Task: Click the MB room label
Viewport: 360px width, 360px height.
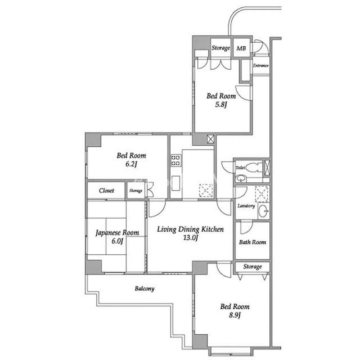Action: coord(241,48)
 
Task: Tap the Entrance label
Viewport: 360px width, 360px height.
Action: coord(260,66)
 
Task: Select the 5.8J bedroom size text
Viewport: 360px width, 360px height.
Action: coord(221,105)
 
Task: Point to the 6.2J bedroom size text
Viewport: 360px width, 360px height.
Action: coord(131,164)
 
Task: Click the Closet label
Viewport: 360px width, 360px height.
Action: coord(106,191)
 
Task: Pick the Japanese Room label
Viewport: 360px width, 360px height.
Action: coord(118,233)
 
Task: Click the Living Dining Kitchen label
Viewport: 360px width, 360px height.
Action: coord(190,229)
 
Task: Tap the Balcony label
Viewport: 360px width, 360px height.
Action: coord(145,289)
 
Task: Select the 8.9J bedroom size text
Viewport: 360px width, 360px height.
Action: coord(235,315)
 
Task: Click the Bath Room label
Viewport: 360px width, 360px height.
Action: coord(253,242)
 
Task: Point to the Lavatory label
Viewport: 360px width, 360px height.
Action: coord(246,206)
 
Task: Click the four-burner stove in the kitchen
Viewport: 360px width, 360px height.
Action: coord(175,160)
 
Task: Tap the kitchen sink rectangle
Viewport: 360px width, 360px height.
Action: coord(175,183)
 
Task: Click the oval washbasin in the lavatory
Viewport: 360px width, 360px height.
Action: coord(264,211)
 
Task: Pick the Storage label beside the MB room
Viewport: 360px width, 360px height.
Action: coord(220,48)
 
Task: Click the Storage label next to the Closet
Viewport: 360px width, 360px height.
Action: coord(136,191)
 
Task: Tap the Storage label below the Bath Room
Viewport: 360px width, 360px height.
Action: coord(253,267)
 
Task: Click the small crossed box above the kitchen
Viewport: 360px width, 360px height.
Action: coord(210,139)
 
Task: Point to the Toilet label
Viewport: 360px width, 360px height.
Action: coord(240,168)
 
